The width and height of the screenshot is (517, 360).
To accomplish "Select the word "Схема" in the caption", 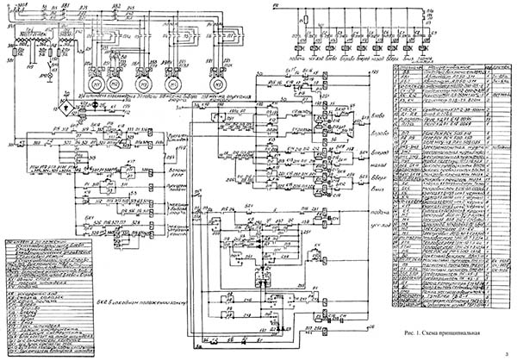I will tap(435, 332).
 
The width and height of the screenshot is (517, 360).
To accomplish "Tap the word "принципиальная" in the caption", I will tap(470, 332).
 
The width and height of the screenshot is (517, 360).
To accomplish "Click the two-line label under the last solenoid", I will tap(420, 61).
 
